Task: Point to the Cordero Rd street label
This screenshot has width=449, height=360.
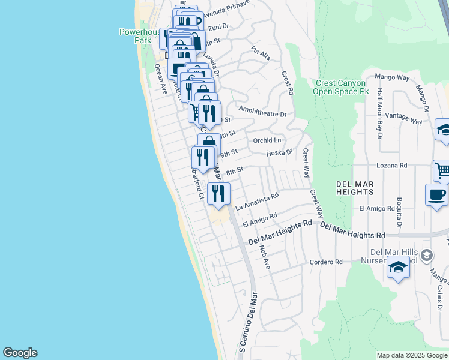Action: coord(326,262)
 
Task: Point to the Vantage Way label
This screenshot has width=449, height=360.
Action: coord(405,118)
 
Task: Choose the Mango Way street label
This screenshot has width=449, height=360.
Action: coord(392,77)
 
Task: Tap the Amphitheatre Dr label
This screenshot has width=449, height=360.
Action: coord(262,111)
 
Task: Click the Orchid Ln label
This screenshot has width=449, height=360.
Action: coord(267,140)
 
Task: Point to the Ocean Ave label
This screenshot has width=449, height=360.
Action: coord(161,79)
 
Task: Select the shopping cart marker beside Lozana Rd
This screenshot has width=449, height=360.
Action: coord(442,170)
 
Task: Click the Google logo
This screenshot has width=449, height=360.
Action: coord(20,353)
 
